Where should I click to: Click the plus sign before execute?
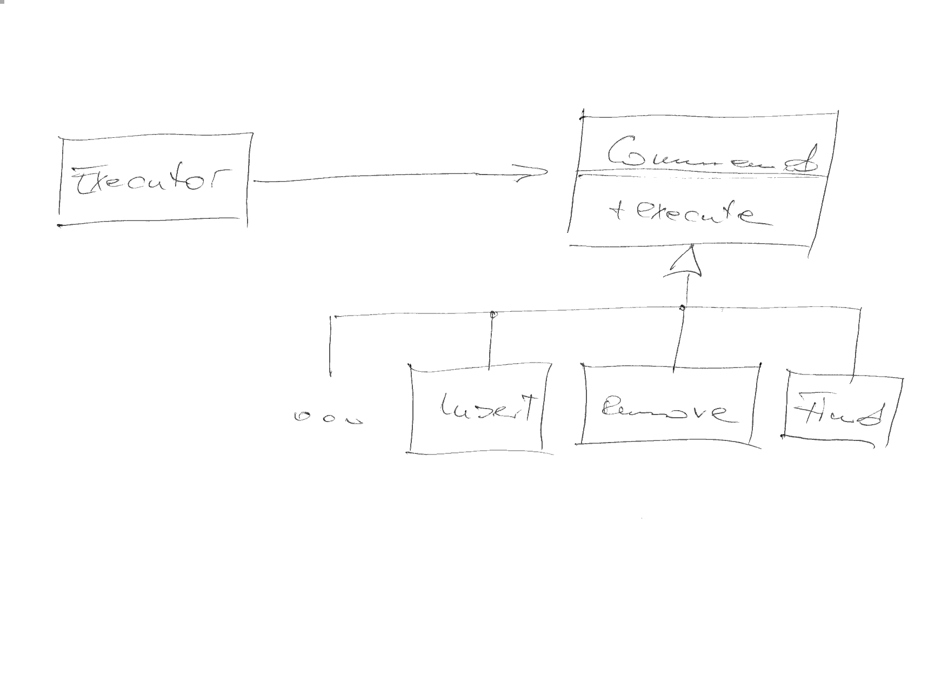coord(616,212)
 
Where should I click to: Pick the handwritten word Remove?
coord(669,412)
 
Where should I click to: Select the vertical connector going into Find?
coord(857,346)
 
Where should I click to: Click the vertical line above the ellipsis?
coord(330,346)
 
